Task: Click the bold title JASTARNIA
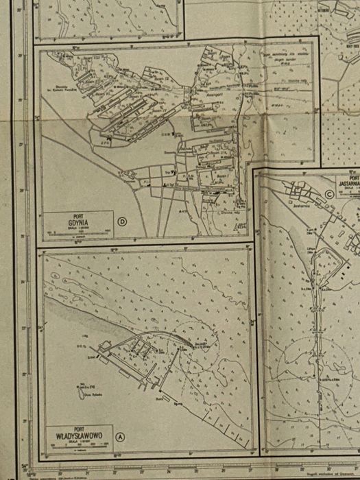coord(348,184)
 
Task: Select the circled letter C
coord(329,193)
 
